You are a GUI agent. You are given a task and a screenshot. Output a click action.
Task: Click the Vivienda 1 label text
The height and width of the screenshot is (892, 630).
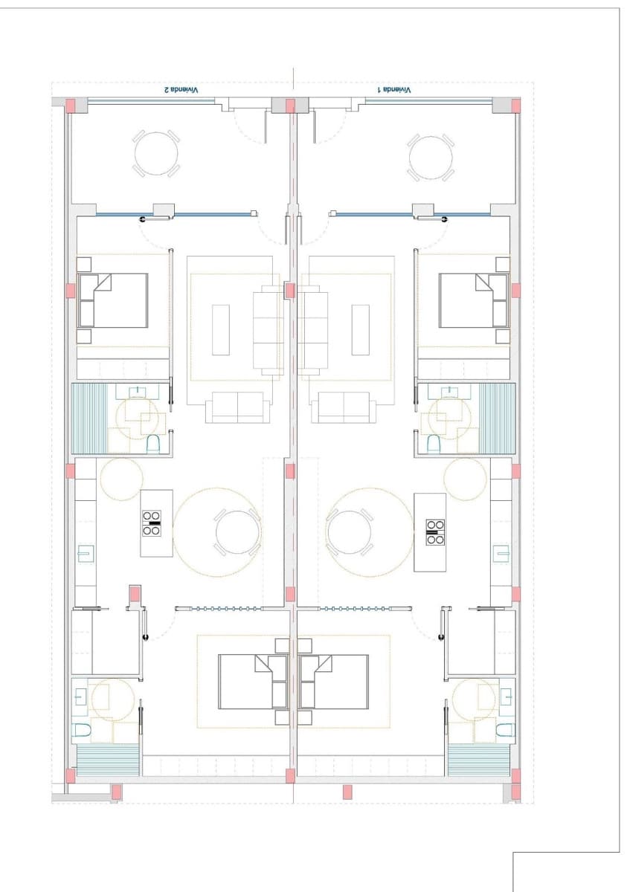[x=394, y=89]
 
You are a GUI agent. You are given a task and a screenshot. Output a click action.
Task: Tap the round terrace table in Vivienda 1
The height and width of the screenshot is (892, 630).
[x=431, y=157]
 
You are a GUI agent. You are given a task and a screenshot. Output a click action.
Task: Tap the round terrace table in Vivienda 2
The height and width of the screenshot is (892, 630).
[x=156, y=155]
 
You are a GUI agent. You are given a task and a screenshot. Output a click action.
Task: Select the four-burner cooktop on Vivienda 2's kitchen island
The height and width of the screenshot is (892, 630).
[x=152, y=523]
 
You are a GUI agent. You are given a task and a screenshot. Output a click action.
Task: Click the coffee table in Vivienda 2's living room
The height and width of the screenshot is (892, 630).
[x=221, y=329]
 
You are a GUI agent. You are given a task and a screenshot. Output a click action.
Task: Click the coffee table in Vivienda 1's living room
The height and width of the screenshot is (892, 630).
[x=361, y=329]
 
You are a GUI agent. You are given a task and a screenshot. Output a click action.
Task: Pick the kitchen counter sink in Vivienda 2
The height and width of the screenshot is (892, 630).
[x=86, y=554]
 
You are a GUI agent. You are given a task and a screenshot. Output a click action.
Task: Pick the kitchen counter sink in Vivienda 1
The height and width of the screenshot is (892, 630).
[x=501, y=554]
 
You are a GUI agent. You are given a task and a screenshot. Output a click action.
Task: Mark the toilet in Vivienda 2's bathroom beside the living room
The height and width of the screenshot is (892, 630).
[x=154, y=444]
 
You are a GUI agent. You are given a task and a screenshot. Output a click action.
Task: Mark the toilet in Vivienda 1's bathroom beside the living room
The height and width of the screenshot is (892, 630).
[x=433, y=444]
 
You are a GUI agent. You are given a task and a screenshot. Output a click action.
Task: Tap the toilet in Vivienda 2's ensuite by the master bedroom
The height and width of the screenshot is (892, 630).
[x=83, y=731]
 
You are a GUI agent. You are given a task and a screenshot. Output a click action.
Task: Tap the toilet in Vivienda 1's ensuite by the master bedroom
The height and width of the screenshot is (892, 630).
[x=505, y=731]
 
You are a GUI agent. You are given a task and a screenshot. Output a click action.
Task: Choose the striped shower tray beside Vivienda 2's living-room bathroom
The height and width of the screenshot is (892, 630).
[x=89, y=418]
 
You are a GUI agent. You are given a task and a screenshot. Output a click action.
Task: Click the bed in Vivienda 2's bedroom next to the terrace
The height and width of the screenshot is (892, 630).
[x=113, y=300]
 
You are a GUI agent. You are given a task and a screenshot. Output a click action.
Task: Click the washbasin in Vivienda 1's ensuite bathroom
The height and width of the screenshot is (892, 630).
[x=507, y=697]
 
